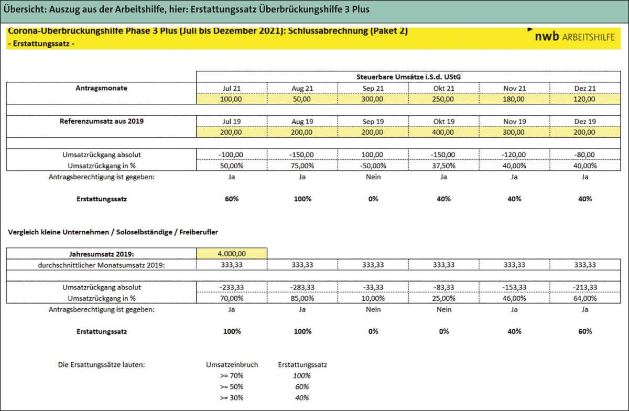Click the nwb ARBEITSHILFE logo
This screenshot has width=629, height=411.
point(574,37)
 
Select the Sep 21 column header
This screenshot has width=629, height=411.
point(373,88)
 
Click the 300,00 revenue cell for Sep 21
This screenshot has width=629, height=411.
point(373,99)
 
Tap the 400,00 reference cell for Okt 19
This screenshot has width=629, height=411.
point(443,132)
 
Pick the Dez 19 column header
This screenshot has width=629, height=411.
point(585,122)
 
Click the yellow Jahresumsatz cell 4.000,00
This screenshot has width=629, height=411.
point(231,253)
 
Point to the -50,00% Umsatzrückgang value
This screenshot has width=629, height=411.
point(373,166)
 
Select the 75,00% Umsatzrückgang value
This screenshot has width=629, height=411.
point(302,166)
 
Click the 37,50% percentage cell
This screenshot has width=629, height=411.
point(443,166)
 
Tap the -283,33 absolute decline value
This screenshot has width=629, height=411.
point(302,287)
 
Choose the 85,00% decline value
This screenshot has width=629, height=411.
point(302,298)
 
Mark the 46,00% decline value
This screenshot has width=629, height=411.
point(514,298)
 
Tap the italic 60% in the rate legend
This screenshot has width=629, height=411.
point(301,386)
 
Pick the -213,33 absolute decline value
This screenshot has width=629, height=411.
point(585,287)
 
